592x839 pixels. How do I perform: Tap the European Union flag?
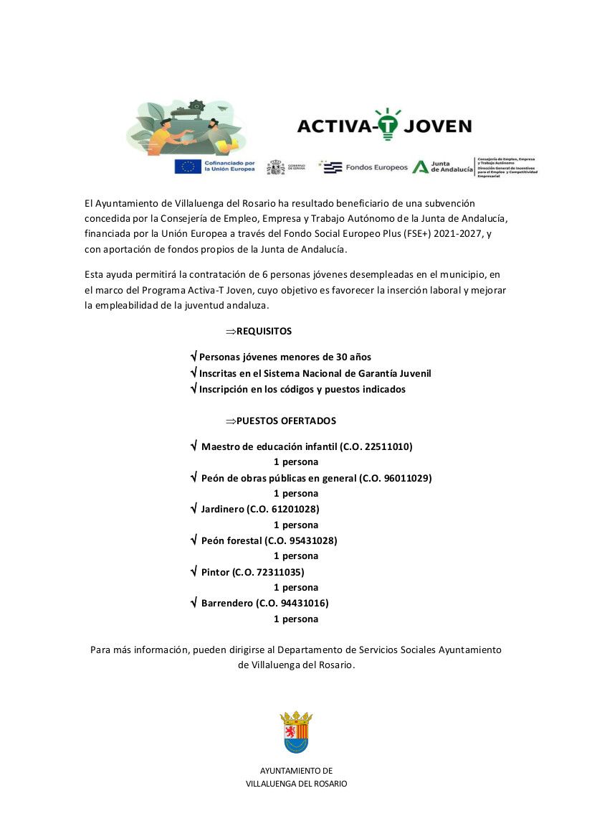[x=188, y=167]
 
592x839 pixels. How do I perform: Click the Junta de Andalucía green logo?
[x=421, y=167]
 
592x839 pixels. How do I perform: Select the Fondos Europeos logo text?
[x=376, y=167]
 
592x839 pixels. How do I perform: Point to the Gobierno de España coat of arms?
[x=275, y=167]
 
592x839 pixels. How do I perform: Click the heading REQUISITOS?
[x=264, y=332]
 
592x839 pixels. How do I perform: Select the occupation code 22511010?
[x=388, y=446]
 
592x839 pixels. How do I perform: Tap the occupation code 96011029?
[x=406, y=478]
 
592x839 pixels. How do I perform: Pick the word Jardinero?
[x=223, y=509]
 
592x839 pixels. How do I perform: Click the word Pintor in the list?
[x=216, y=572]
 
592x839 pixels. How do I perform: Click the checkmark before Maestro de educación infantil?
[x=194, y=446]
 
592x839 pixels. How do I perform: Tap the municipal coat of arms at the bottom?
[x=296, y=732]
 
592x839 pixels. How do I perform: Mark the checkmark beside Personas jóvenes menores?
[x=194, y=357]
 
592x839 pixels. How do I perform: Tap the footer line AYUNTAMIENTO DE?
[x=296, y=771]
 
